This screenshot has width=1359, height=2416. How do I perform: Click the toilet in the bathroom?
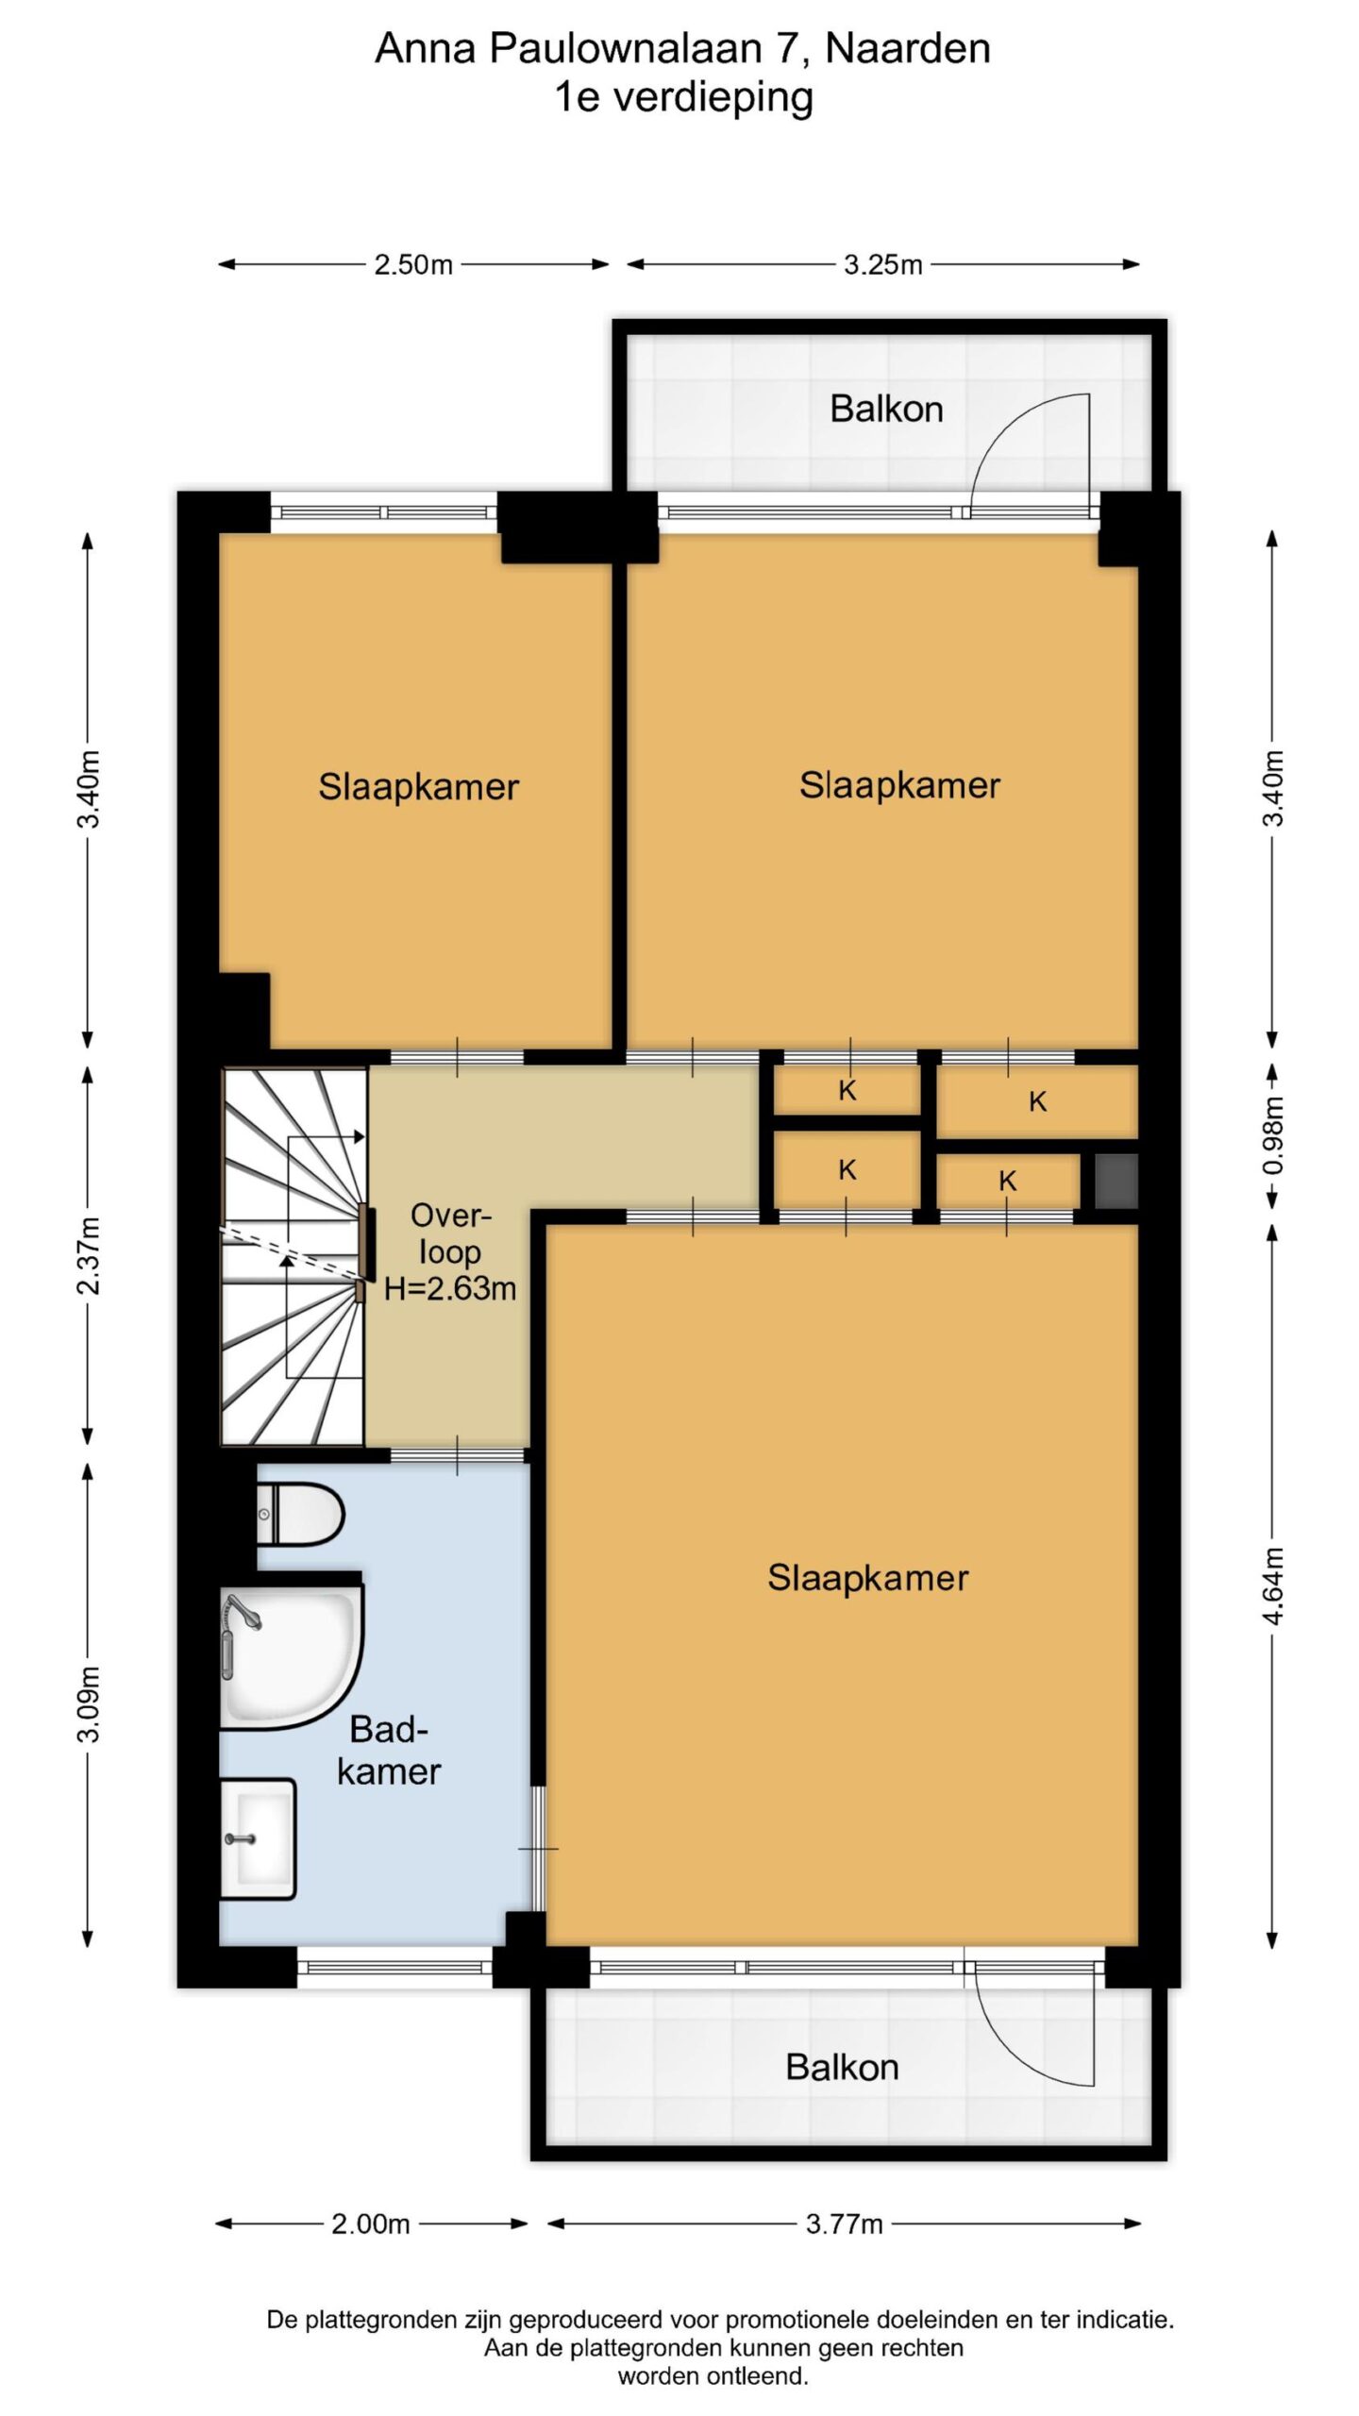pyautogui.click(x=300, y=1514)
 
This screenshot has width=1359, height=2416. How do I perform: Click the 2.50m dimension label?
pyautogui.click(x=413, y=264)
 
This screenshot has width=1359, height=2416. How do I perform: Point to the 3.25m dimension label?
pyautogui.click(x=882, y=264)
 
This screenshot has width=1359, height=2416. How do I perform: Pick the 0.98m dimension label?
pyautogui.click(x=1272, y=1135)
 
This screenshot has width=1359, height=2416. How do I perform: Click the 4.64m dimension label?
pyautogui.click(x=1272, y=1585)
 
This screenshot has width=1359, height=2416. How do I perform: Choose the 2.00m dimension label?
pyautogui.click(x=370, y=2224)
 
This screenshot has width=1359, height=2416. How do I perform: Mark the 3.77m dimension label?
pyautogui.click(x=844, y=2224)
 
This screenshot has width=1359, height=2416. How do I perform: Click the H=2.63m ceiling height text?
pyautogui.click(x=450, y=1288)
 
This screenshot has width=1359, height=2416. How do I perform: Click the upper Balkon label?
pyautogui.click(x=886, y=409)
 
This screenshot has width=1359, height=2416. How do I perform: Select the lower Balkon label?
pyautogui.click(x=842, y=2067)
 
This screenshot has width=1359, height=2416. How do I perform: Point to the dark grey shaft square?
pyautogui.click(x=1116, y=1181)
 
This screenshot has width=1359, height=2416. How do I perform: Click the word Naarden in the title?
pyautogui.click(x=908, y=48)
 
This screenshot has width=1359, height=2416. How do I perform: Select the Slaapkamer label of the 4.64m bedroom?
pyautogui.click(x=867, y=1578)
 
